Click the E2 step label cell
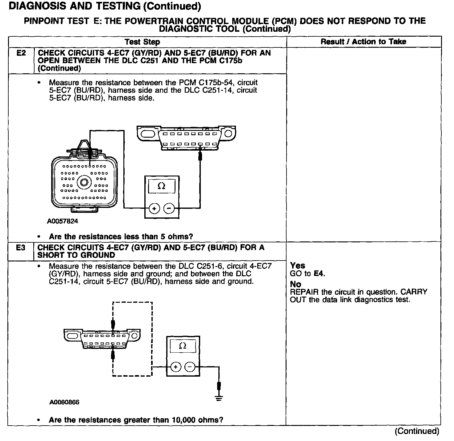click(21, 53)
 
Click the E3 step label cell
click(21, 248)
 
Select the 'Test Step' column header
click(142, 42)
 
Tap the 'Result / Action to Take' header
click(363, 42)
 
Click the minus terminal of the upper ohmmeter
click(169, 208)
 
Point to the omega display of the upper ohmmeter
click(161, 186)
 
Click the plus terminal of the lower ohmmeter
click(175, 367)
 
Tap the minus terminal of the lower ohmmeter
click(190, 367)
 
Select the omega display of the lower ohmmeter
click(183, 346)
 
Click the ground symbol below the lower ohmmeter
click(219, 399)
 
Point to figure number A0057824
click(63, 221)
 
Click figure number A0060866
click(64, 402)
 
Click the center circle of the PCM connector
click(84, 182)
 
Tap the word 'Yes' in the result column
click(298, 265)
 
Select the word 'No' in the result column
click(295, 284)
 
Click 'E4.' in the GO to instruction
click(319, 273)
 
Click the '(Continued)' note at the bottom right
click(417, 431)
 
